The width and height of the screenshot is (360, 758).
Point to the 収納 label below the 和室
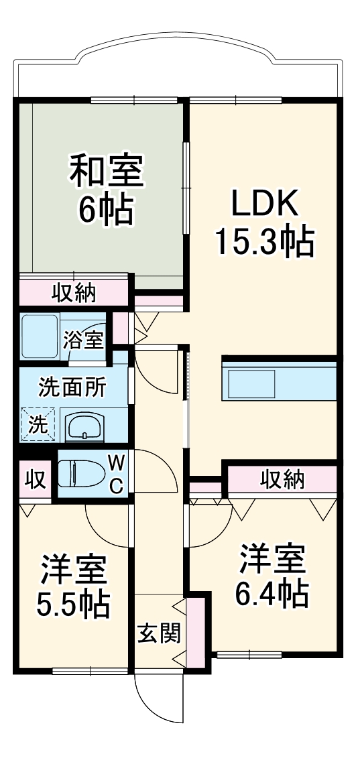pyautogui.click(x=74, y=292)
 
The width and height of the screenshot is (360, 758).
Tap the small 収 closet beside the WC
pyautogui.click(x=35, y=480)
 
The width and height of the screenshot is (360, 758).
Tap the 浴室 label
pyautogui.click(x=84, y=339)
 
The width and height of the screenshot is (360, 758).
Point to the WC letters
pyautogui.click(x=116, y=475)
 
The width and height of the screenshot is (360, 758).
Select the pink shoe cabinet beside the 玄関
pyautogui.click(x=195, y=631)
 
